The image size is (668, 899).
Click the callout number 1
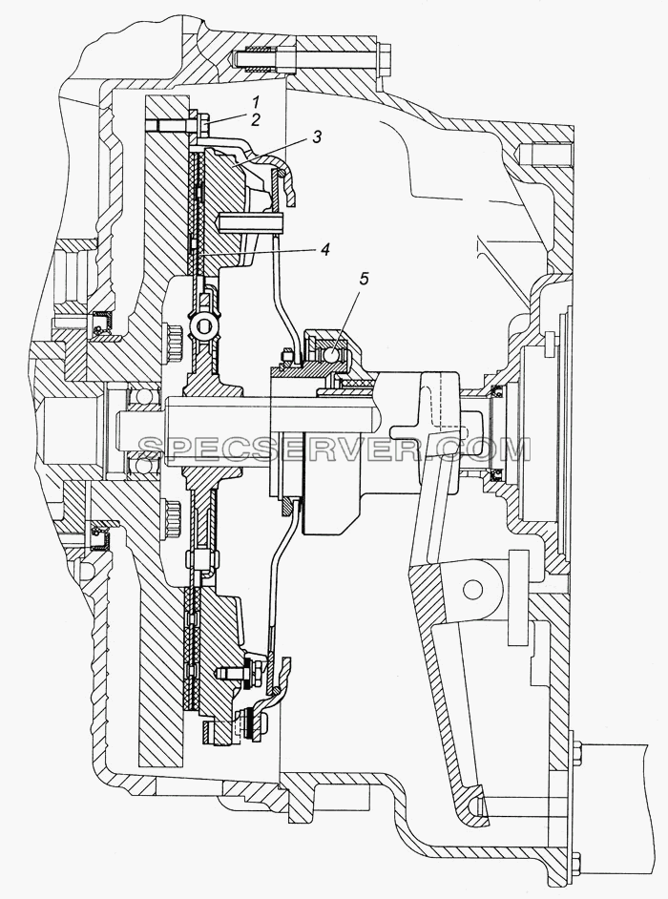257,103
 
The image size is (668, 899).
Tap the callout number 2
255,120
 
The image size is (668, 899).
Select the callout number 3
316,137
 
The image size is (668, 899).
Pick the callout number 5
365,280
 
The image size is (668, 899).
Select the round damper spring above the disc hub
203,327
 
